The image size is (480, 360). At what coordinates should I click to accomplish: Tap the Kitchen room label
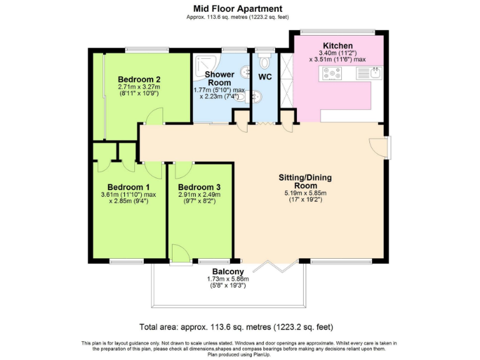click(x=337, y=46)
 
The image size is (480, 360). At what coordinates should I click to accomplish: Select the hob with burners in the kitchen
click(x=331, y=73)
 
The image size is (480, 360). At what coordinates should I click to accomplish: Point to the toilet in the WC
click(x=264, y=61)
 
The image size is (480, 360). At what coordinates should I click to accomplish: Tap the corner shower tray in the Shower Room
click(x=202, y=61)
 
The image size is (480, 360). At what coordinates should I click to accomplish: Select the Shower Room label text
click(x=219, y=78)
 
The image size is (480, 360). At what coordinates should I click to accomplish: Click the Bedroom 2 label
click(x=139, y=79)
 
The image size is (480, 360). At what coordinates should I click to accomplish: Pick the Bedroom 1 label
click(x=128, y=187)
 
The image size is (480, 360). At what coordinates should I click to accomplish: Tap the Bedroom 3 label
click(x=199, y=187)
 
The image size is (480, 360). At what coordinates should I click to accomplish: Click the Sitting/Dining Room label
click(x=304, y=181)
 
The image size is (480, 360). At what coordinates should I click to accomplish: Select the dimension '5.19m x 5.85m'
click(x=305, y=193)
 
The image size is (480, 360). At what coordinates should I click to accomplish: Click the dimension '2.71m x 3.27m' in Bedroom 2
click(x=139, y=87)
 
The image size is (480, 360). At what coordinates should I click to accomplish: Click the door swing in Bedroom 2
click(x=154, y=116)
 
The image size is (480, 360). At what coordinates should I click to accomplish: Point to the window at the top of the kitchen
click(x=337, y=31)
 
